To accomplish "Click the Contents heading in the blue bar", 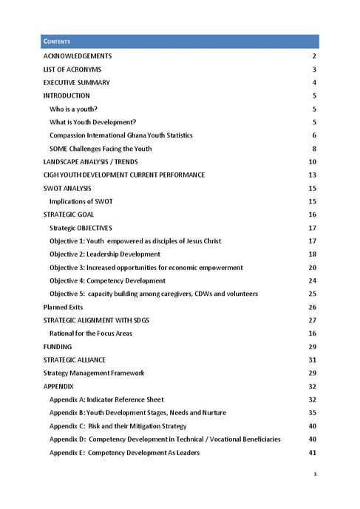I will click(57, 41).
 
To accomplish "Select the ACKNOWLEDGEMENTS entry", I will click(78, 56).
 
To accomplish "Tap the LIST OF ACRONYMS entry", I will click(72, 70).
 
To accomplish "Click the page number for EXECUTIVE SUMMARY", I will click(314, 83).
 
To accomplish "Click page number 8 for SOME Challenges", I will click(314, 149).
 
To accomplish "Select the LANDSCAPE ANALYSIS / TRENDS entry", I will click(90, 162).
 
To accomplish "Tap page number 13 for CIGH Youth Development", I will click(313, 175).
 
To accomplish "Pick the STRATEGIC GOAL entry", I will click(68, 215).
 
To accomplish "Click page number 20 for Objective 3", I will click(313, 267).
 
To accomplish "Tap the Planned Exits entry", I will click(63, 307).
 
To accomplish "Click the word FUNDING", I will click(58, 346).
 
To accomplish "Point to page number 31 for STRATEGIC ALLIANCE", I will click(313, 360).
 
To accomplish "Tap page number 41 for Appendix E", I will click(313, 452).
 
